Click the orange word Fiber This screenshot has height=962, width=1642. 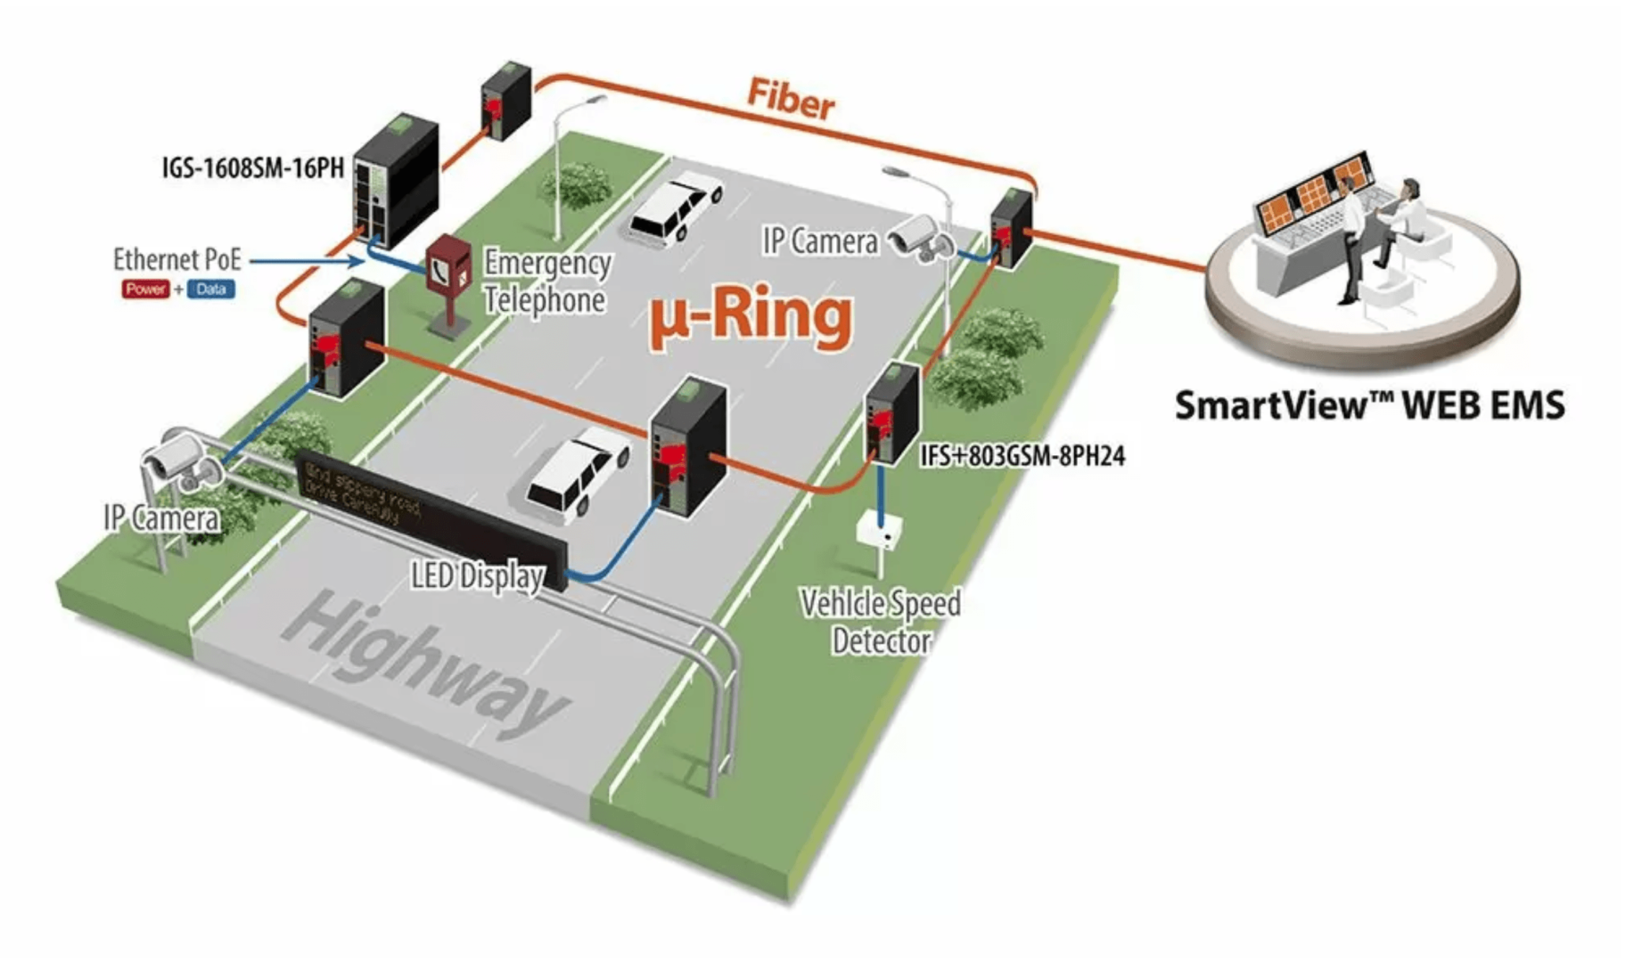pyautogui.click(x=790, y=99)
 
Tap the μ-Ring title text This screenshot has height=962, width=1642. pyautogui.click(x=751, y=316)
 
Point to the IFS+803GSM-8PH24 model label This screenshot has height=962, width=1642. pyautogui.click(x=1022, y=456)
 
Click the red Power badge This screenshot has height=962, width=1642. pyautogui.click(x=145, y=289)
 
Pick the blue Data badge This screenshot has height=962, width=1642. pyautogui.click(x=211, y=289)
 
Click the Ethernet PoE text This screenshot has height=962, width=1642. pyautogui.click(x=177, y=259)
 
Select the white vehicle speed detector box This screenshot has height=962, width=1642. pyautogui.click(x=879, y=531)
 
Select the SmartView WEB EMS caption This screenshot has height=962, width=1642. pyautogui.click(x=1368, y=405)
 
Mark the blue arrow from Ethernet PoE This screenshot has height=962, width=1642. pyautogui.click(x=307, y=261)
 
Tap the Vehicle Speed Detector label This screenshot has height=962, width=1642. pyautogui.click(x=881, y=622)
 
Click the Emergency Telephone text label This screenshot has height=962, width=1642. pyautogui.click(x=546, y=281)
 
